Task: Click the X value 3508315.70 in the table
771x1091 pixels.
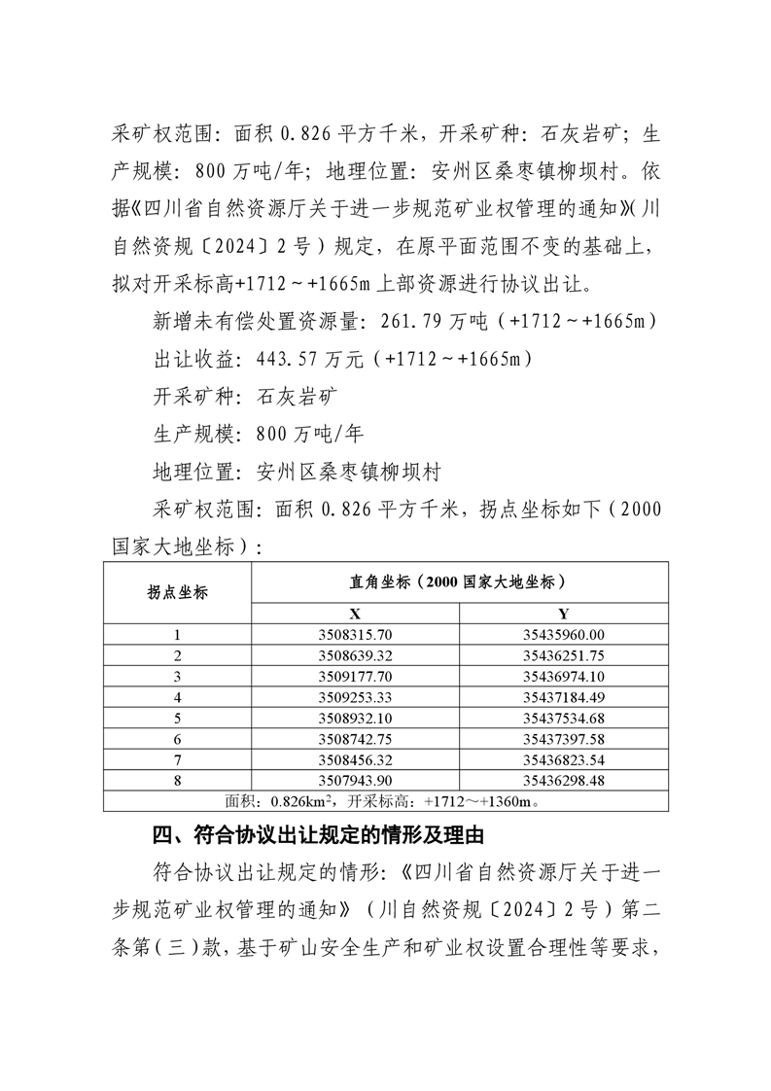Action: click(355, 635)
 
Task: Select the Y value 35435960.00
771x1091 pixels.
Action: click(563, 635)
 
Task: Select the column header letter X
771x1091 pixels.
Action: click(355, 614)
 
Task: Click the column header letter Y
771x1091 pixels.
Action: click(563, 614)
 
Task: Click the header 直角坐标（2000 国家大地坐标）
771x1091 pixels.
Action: click(459, 581)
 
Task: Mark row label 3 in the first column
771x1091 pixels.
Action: click(177, 677)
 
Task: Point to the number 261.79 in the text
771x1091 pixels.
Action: click(418, 320)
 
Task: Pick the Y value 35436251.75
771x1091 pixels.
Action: click(563, 655)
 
